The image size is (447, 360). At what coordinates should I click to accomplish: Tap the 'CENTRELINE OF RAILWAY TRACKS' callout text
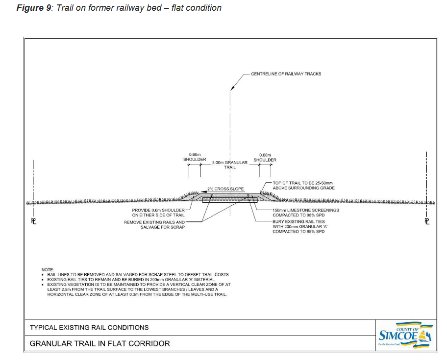[x=286, y=74]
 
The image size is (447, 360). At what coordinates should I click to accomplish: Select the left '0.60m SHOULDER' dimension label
[x=195, y=157]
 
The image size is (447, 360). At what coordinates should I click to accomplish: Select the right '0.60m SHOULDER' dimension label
[x=265, y=157]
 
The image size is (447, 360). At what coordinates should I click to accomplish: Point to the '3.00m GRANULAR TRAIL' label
[x=229, y=165]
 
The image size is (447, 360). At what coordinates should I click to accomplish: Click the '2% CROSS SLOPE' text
[x=225, y=189]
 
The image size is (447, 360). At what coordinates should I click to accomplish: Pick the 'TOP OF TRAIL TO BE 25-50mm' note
[x=302, y=183]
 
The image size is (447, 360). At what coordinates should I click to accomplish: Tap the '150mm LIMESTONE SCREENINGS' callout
[x=305, y=210]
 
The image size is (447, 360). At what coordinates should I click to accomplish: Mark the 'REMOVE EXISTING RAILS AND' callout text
[x=154, y=222]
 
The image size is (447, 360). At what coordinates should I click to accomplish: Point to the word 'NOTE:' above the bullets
[x=48, y=270]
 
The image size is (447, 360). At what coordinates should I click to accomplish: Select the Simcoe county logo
[x=404, y=336]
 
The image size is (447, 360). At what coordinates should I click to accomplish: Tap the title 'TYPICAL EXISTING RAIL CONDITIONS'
[x=89, y=327]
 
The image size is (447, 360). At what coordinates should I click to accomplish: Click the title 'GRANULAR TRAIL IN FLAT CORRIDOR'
[x=100, y=343]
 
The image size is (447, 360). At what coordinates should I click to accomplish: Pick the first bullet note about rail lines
[x=138, y=275]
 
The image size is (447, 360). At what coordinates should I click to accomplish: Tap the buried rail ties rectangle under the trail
[x=230, y=200]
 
